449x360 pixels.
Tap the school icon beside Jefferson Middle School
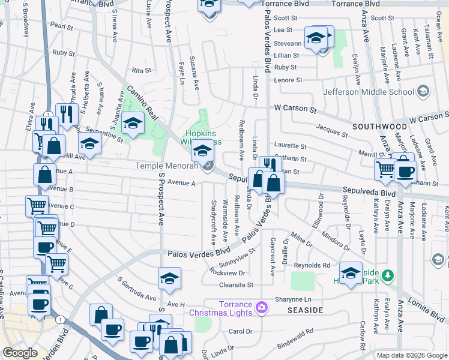[424, 92]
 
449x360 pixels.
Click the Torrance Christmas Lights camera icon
[261, 308]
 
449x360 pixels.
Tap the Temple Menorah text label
[166, 166]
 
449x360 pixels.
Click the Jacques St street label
[332, 131]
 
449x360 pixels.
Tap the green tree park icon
[388, 275]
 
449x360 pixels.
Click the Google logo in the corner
[20, 353]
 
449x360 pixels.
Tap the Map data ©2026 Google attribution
[412, 355]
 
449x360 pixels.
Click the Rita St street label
[141, 70]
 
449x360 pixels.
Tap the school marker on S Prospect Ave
[170, 278]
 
